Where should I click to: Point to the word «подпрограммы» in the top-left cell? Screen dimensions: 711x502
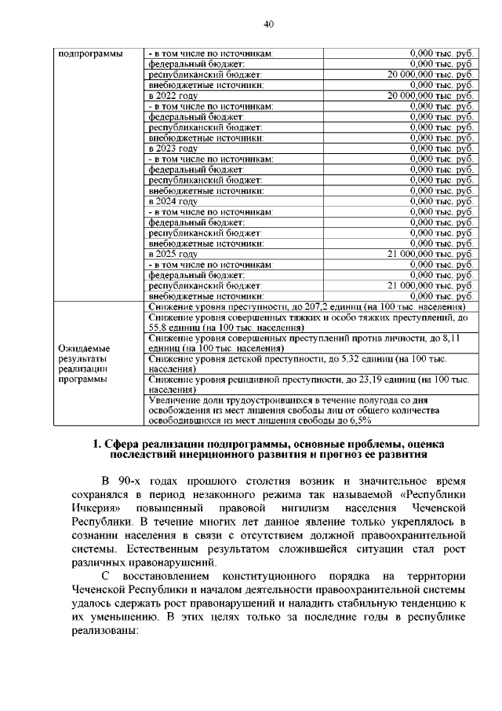pyautogui.click(x=90, y=53)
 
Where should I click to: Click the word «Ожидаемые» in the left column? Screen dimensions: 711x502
pyautogui.click(x=85, y=347)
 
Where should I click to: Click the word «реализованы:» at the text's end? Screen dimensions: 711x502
pyautogui.click(x=107, y=633)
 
